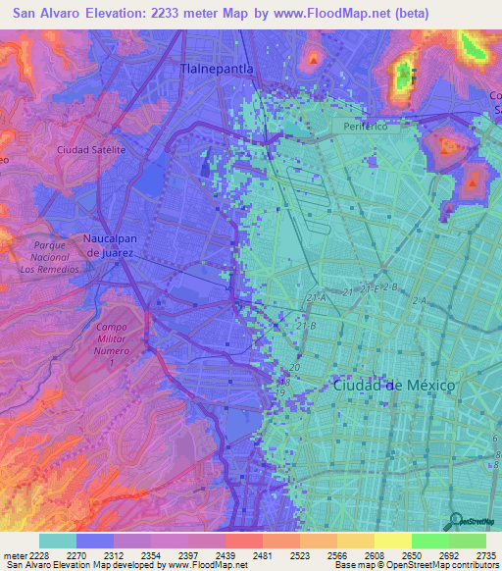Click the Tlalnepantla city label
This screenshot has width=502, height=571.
tap(217, 69)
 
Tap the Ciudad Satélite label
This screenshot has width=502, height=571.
tap(91, 150)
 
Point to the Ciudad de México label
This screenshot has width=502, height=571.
tap(394, 386)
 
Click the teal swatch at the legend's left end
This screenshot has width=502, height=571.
tap(58, 541)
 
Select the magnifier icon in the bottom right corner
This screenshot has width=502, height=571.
tap(454, 521)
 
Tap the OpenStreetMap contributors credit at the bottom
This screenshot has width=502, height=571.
tap(430, 565)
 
